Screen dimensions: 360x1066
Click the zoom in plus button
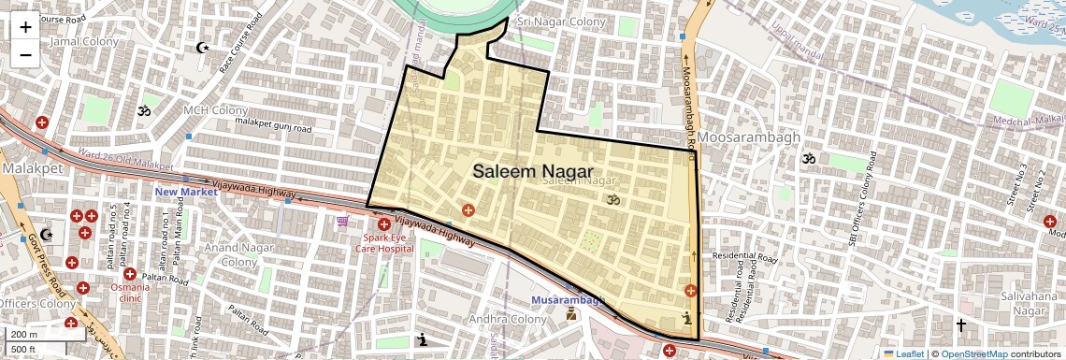(25, 26)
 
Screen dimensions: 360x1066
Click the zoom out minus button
(25, 54)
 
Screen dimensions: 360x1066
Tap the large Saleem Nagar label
(532, 171)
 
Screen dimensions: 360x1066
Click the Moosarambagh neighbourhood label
(750, 137)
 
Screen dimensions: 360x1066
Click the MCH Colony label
(215, 110)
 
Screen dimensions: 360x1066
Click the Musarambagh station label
(567, 300)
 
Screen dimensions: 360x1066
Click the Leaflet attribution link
(903, 354)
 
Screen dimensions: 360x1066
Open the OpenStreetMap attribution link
(973, 354)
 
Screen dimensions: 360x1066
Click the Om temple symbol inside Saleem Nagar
(614, 199)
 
